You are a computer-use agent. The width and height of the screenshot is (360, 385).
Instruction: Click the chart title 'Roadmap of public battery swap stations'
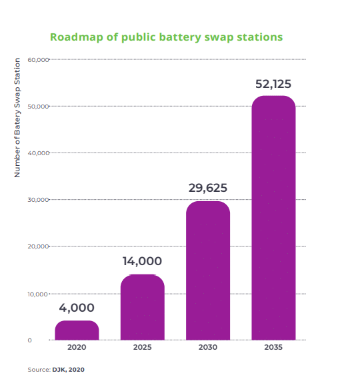coord(166,36)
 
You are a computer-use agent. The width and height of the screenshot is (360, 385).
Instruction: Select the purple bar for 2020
coord(77,330)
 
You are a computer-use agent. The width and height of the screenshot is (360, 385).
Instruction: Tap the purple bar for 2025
coord(142,307)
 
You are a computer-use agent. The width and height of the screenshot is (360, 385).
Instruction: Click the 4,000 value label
coord(77,308)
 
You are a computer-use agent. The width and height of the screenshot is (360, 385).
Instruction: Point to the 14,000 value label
coord(142,261)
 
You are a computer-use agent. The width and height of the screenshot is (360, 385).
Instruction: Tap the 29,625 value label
coord(207,189)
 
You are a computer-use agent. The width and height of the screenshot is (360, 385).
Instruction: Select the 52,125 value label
coord(273,84)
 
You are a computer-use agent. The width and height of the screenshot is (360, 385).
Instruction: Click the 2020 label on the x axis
coord(77,348)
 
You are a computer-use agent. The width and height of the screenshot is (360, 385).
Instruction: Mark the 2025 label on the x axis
coord(142,348)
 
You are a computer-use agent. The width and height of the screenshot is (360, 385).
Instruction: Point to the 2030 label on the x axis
coord(207,348)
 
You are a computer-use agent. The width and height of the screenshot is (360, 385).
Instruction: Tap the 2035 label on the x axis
coord(273,348)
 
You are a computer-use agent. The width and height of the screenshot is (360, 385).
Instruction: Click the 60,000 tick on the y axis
coord(38,60)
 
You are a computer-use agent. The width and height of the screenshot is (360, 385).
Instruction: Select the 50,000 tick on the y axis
coord(38,107)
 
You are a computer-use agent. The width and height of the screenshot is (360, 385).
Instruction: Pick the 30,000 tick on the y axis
coord(38,200)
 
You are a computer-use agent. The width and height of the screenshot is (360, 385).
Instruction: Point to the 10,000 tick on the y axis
coord(38,294)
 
